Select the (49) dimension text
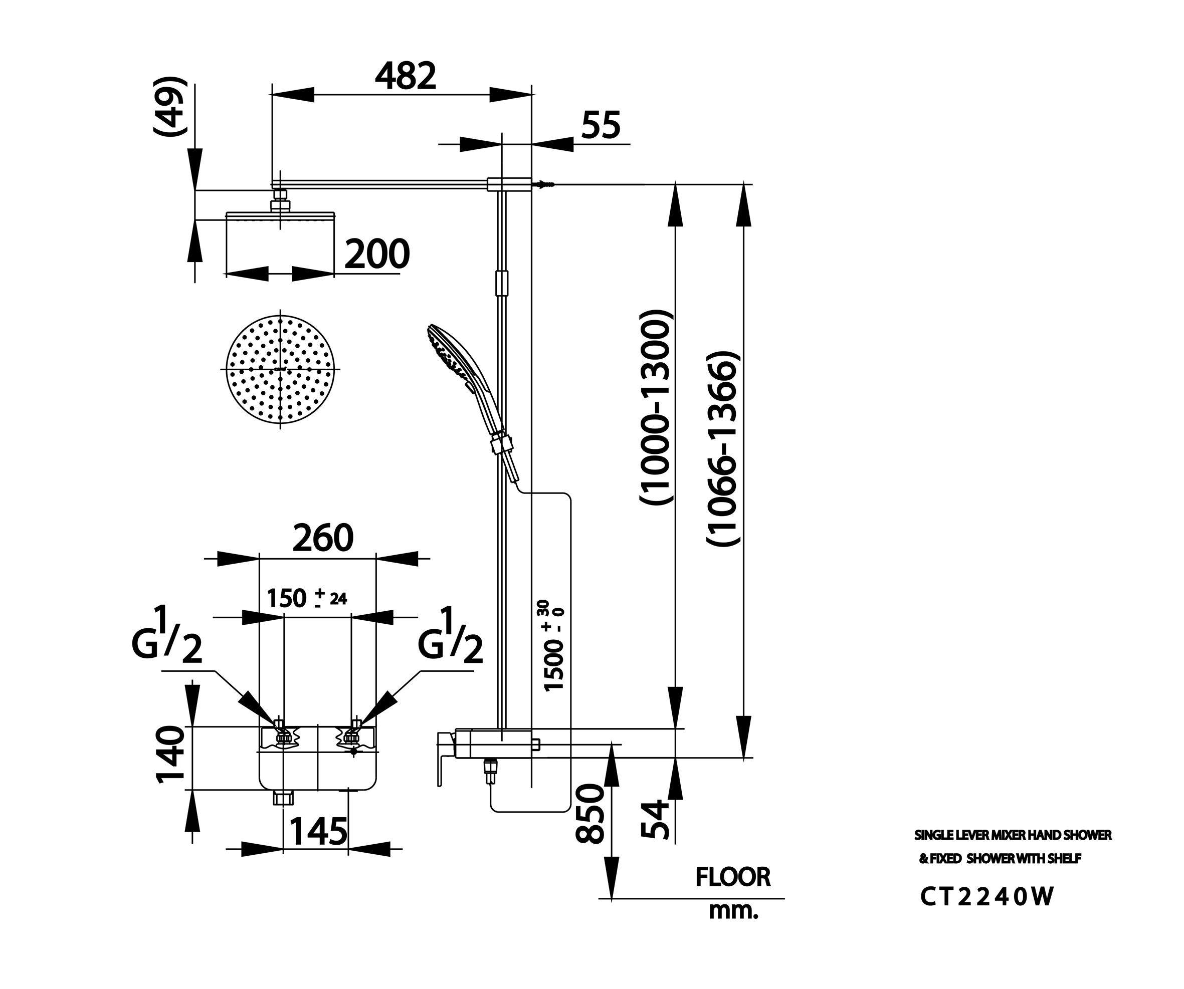tap(170, 107)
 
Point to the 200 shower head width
tap(376, 254)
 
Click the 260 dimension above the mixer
tap(322, 538)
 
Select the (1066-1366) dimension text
tap(722, 448)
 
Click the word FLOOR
tap(732, 877)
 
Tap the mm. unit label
tap(733, 911)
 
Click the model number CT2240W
tap(986, 897)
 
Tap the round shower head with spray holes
tap(280, 369)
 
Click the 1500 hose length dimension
tap(554, 645)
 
